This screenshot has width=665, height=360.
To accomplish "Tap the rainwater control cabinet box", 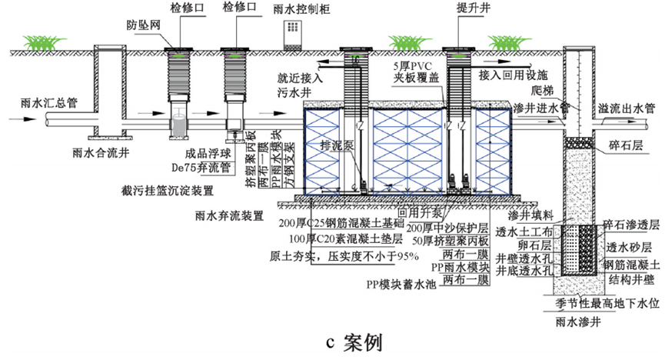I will (293, 35).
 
